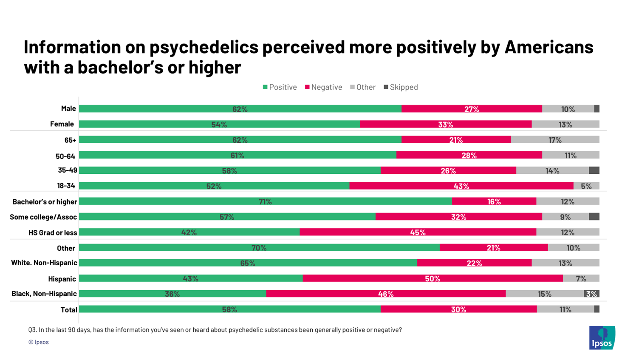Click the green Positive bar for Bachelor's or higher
(x=265, y=201)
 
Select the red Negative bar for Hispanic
(x=433, y=278)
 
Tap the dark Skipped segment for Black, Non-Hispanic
(x=591, y=294)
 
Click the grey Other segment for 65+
(x=555, y=140)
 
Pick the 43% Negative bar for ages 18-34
(x=461, y=186)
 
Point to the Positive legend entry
(x=280, y=87)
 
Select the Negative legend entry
(x=323, y=87)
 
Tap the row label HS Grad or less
(x=53, y=232)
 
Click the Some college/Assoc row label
(x=43, y=217)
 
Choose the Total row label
(x=68, y=310)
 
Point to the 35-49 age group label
(x=68, y=170)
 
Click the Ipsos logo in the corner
(x=602, y=338)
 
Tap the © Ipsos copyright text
(x=39, y=342)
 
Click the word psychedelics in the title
(x=204, y=47)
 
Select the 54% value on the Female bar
(x=219, y=125)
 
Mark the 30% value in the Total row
(x=458, y=309)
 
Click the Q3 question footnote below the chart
(x=215, y=330)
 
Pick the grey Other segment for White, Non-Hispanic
(x=565, y=263)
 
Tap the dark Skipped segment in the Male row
(x=597, y=109)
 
